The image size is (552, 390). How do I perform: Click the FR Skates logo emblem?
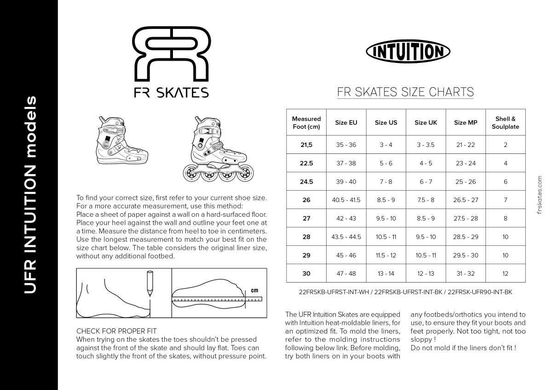171,54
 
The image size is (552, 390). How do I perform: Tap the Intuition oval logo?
408,52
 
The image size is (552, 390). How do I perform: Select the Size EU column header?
346,123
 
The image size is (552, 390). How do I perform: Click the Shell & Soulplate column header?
505,123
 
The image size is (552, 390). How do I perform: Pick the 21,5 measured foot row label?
306,145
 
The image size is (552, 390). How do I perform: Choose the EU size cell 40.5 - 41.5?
346,200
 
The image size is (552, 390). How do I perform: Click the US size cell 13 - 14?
386,273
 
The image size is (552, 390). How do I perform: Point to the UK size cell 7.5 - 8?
425,200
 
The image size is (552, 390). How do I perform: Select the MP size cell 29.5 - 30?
466,255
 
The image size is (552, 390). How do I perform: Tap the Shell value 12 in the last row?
505,273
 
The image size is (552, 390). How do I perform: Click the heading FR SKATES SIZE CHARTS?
405,92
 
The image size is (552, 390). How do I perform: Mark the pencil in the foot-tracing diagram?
149,283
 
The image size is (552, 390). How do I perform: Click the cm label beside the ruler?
254,290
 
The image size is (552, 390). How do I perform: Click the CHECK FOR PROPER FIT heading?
116,331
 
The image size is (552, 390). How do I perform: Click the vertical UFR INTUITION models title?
29,195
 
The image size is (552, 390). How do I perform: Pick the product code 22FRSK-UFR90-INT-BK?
479,292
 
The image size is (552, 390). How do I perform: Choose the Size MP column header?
466,123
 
